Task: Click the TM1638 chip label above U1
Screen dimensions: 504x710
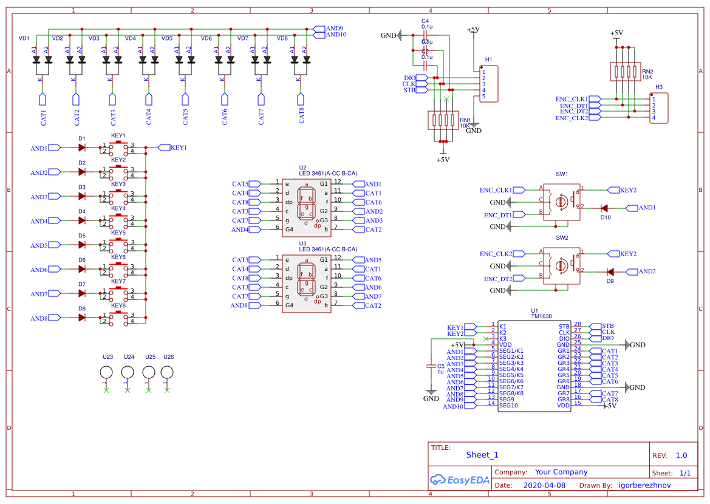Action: (x=541, y=316)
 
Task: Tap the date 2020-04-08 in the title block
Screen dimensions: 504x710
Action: (x=544, y=486)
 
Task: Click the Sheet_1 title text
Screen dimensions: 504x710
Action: (x=482, y=455)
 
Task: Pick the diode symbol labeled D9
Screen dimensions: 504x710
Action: (x=610, y=271)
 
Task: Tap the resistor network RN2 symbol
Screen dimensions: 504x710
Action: (x=625, y=72)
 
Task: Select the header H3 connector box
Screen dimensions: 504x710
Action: (x=658, y=108)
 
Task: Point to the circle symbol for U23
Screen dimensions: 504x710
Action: (x=106, y=373)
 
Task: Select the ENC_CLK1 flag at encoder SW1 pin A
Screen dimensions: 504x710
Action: (x=496, y=190)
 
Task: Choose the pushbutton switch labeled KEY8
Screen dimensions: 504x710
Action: (x=118, y=317)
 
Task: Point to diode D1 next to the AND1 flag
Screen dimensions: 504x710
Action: (x=81, y=148)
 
